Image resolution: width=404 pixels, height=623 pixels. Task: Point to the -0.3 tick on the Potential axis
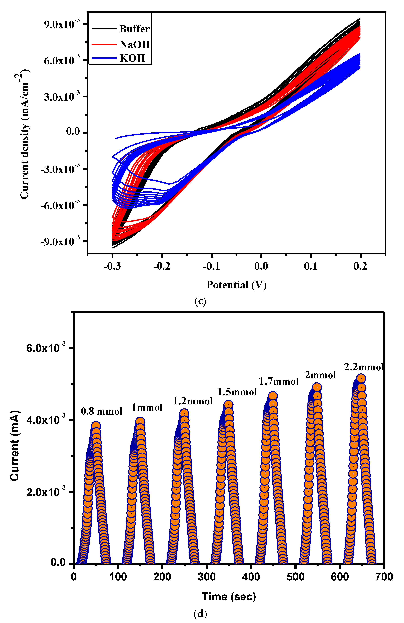[112, 266]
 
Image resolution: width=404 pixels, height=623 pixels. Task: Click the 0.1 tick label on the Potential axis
[311, 266]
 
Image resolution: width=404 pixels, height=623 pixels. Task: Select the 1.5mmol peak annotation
[237, 392]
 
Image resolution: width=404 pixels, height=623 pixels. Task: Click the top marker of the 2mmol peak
[317, 387]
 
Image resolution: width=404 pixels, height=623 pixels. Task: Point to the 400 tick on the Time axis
[251, 577]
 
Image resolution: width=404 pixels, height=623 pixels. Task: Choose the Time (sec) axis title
[229, 597]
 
